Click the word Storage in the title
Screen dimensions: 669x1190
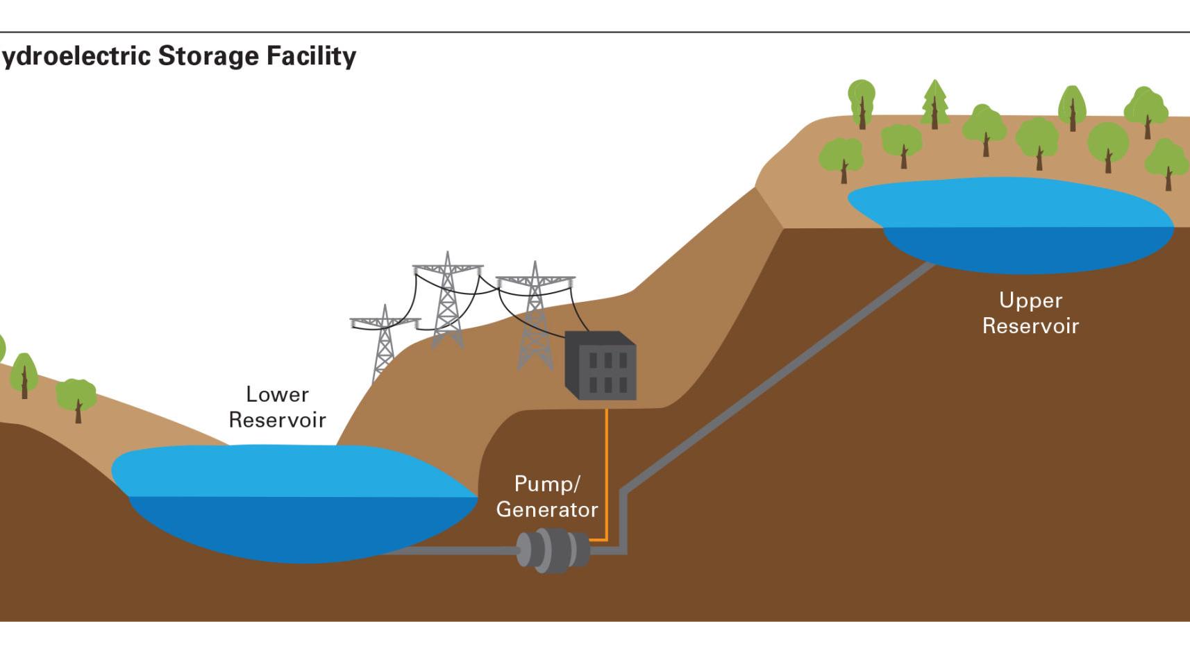(209, 56)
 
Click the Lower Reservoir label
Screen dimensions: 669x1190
(277, 407)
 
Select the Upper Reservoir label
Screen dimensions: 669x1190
(1030, 313)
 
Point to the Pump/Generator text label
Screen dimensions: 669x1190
(547, 497)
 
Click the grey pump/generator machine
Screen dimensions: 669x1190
(553, 550)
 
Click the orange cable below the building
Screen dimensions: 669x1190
(607, 472)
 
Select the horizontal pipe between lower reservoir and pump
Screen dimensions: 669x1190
(451, 550)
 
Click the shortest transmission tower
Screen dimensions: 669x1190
(385, 340)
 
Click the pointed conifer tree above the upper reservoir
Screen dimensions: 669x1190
(935, 104)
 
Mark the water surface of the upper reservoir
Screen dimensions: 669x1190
(1007, 201)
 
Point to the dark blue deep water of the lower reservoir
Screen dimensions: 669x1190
(299, 527)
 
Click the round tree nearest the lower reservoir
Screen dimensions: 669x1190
(76, 397)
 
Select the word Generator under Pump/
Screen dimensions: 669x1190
(547, 510)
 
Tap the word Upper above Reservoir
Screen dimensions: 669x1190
(1030, 300)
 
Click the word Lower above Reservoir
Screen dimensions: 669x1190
(277, 395)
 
